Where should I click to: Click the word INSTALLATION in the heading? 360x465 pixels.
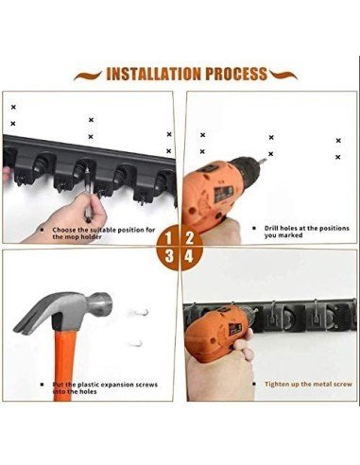click(153, 74)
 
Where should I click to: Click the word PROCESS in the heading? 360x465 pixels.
click(236, 74)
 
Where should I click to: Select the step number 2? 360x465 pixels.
click(189, 237)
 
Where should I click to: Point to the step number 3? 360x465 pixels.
click(169, 256)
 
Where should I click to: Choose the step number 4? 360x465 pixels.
click(189, 256)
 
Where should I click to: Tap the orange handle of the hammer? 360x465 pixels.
click(64, 366)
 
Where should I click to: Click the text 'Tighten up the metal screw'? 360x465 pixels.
click(308, 384)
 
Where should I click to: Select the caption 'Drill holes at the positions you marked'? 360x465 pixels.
click(307, 232)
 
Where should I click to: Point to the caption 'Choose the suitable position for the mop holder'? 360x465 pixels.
click(104, 233)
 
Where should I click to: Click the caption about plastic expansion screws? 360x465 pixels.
click(105, 387)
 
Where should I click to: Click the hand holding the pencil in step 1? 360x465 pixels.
click(73, 215)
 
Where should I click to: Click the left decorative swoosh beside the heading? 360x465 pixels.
click(88, 76)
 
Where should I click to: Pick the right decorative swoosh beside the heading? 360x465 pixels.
click(283, 76)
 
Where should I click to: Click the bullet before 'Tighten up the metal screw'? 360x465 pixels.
click(254, 384)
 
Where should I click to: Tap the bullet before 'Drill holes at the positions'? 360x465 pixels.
click(254, 228)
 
